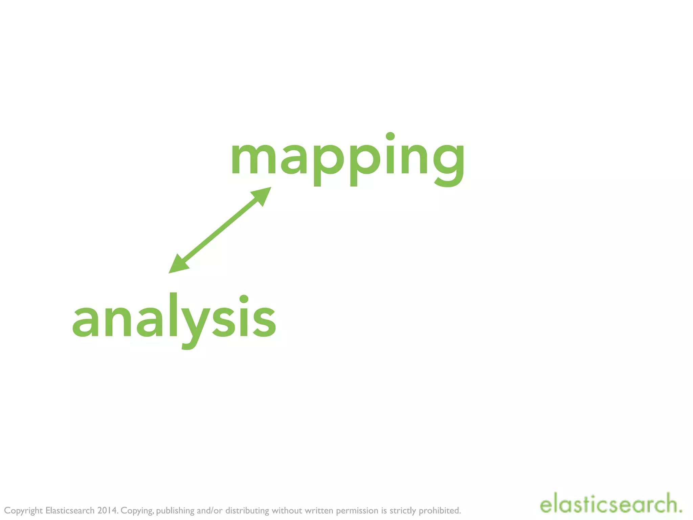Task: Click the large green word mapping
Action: (x=348, y=159)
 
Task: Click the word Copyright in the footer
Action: (x=23, y=511)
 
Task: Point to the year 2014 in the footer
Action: (x=107, y=510)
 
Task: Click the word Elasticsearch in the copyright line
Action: (x=70, y=510)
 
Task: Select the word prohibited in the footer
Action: (x=440, y=510)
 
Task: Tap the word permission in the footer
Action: (x=357, y=511)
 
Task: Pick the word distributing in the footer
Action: (x=247, y=510)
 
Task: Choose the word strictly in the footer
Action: (x=403, y=510)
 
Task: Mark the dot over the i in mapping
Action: (x=390, y=136)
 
